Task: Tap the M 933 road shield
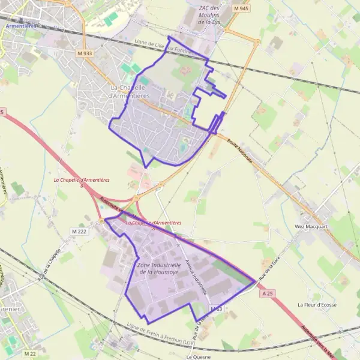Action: [x=85, y=53]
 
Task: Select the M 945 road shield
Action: [x=240, y=8]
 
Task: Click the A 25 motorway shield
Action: [x=268, y=293]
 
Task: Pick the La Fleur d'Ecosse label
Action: [x=317, y=305]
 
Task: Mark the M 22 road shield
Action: [x=30, y=353]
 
